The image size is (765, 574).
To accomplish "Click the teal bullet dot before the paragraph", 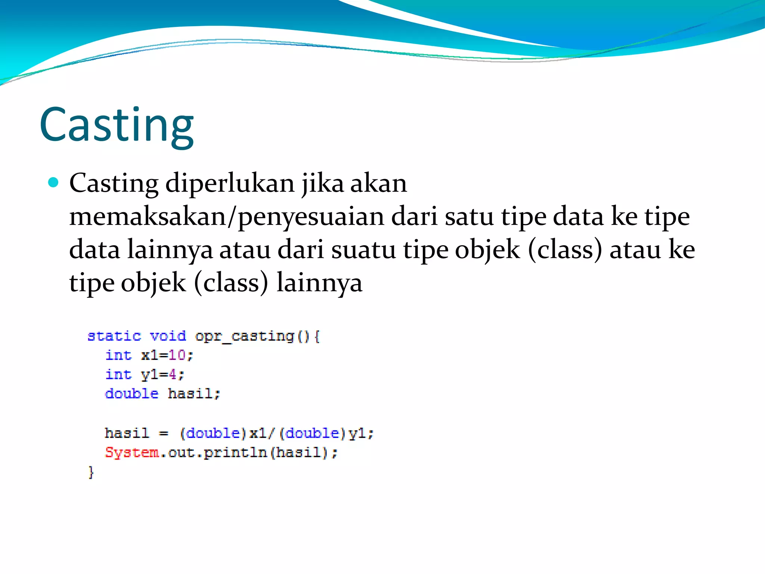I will tap(54, 182).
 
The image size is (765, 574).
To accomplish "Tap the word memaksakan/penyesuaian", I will tap(226, 217).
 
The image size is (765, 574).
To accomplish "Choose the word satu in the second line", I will tap(469, 217).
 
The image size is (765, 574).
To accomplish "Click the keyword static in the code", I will tap(114, 336).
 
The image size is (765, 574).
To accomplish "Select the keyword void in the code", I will tap(168, 336).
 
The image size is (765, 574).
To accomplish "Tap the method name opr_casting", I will tap(245, 336).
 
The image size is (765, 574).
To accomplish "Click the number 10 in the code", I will tap(177, 355).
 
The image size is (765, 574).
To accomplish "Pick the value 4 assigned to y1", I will tap(172, 374).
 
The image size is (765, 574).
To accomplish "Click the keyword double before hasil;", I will tap(131, 394).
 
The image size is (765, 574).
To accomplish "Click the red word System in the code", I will tap(132, 453).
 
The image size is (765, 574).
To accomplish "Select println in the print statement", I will tap(235, 453).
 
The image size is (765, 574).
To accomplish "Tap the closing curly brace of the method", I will tap(91, 472).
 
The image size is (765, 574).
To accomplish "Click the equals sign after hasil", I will tap(164, 433).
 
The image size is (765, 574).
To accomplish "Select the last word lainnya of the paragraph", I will tap(319, 283).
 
